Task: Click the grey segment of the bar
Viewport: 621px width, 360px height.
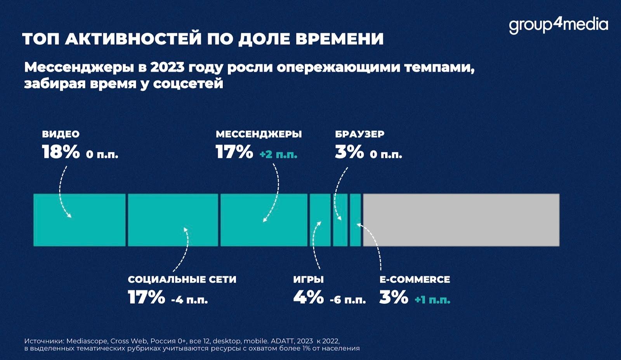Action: pos(461,220)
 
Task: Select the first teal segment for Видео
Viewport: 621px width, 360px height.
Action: pos(80,220)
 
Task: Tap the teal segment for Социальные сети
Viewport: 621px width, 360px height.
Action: pos(173,220)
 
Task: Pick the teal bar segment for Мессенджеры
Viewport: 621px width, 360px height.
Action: pos(264,220)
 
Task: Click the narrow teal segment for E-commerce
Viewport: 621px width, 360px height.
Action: pos(355,220)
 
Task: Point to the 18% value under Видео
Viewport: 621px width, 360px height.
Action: pos(61,152)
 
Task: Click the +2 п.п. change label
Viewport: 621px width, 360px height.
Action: pos(278,155)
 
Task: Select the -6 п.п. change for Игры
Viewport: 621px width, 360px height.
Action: pos(347,300)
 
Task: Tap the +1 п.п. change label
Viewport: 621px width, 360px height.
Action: pos(432,300)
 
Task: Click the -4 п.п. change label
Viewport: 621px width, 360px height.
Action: pos(189,300)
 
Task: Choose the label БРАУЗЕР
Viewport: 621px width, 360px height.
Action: pos(359,134)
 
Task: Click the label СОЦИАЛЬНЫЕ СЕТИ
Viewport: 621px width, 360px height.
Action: pos(182,280)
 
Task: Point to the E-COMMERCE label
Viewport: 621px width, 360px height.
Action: pos(415,280)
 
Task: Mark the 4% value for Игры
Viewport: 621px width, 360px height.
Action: pos(308,297)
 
